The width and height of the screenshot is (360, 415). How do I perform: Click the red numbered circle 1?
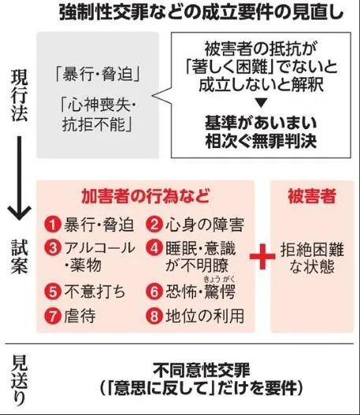(x=53, y=224)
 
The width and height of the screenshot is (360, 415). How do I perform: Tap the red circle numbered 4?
(x=154, y=248)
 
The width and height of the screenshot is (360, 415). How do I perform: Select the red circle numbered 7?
(x=53, y=316)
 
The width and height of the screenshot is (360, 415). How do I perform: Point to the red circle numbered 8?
(x=154, y=316)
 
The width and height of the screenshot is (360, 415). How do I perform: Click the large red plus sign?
(x=262, y=257)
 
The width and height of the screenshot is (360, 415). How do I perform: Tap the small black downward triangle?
(x=261, y=102)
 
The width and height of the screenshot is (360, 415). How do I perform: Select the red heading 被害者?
(x=312, y=196)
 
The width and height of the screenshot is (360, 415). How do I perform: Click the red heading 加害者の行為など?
(x=145, y=196)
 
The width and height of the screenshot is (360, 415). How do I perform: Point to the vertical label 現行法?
(x=20, y=95)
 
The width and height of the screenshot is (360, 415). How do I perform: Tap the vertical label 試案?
(x=20, y=256)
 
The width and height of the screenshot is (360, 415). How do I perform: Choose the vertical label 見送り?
(x=20, y=381)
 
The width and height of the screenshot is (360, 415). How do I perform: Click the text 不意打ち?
(x=95, y=291)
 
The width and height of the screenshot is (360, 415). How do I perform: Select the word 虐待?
(x=80, y=316)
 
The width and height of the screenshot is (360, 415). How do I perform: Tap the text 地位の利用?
(x=205, y=316)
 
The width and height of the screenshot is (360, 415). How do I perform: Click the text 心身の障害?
(x=205, y=224)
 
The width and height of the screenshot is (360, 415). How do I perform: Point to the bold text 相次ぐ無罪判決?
(x=261, y=141)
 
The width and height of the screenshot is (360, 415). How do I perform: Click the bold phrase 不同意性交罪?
(x=202, y=370)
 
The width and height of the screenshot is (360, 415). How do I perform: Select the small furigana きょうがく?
(x=219, y=279)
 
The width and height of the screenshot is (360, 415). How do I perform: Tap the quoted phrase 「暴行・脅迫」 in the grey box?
(x=98, y=74)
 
